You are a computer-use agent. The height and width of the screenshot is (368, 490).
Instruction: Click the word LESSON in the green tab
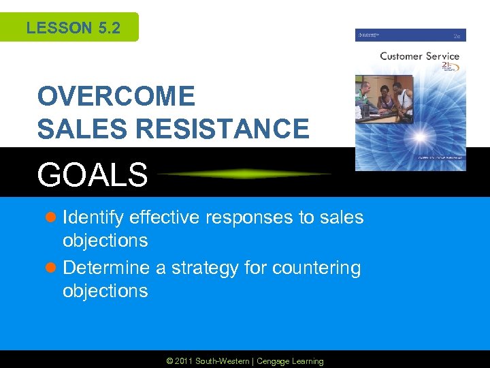[x=59, y=28]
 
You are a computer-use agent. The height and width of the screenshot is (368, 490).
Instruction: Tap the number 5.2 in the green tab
[x=108, y=28]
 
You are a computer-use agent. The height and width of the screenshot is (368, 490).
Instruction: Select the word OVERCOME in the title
[x=116, y=97]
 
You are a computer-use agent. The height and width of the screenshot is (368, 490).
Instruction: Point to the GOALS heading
[x=93, y=174]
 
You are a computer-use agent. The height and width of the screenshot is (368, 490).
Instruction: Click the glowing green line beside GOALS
[x=245, y=174]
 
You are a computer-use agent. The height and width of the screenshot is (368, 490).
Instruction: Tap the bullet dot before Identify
[x=52, y=218]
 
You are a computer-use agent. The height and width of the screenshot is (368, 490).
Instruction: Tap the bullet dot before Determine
[x=52, y=269]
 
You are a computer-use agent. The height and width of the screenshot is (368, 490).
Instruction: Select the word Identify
[x=93, y=218]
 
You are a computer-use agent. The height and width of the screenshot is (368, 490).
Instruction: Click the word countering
[x=316, y=268]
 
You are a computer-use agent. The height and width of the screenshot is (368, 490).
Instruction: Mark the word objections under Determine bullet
[x=105, y=291]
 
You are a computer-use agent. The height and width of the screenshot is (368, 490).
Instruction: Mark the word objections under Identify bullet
[x=105, y=241]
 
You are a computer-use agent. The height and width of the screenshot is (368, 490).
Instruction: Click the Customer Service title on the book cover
[x=419, y=56]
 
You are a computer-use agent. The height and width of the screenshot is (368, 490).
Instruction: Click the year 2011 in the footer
[x=184, y=361]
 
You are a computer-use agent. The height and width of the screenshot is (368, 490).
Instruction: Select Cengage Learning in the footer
[x=291, y=361]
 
